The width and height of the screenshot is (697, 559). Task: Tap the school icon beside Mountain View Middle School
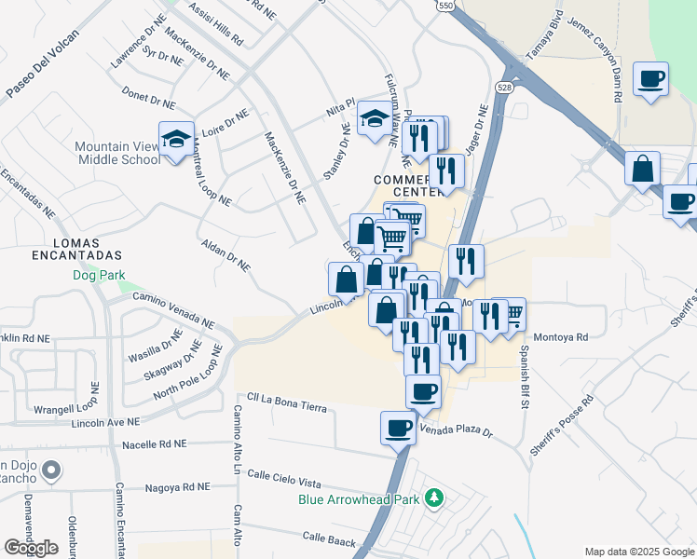tap(176, 140)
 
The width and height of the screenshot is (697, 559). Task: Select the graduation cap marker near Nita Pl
tap(376, 118)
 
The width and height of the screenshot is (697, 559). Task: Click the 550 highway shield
tap(445, 6)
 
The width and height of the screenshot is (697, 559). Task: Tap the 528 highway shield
tap(504, 88)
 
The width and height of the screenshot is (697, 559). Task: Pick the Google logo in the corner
tap(31, 548)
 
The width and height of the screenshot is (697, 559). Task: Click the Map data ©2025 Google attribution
tap(639, 551)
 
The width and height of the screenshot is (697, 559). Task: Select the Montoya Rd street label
tap(562, 337)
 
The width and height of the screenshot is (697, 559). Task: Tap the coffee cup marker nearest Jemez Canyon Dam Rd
tap(649, 78)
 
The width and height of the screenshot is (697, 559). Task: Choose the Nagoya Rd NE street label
tap(180, 487)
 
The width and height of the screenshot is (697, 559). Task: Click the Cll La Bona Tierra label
tap(287, 407)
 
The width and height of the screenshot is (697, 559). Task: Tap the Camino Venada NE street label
tap(173, 306)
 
